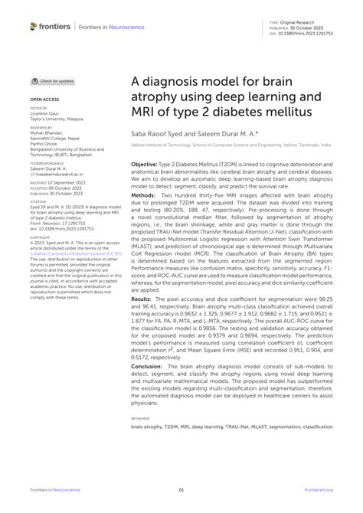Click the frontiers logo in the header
point(51,26)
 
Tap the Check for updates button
point(53,80)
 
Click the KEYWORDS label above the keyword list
point(140,418)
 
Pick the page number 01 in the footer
point(181,490)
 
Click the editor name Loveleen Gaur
point(49,113)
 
